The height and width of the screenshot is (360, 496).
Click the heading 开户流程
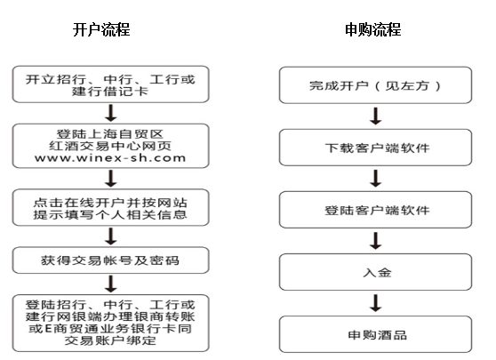pos(101,29)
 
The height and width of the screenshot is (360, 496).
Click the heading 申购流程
pos(373,29)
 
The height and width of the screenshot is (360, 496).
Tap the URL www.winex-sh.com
pos(110,158)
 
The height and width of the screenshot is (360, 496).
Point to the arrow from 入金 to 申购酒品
pos(376,303)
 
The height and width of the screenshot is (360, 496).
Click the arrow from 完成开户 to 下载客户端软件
pos(376,116)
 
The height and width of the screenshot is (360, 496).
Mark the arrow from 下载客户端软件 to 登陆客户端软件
pos(376,179)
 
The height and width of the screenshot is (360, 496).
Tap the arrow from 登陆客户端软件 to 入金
pos(376,241)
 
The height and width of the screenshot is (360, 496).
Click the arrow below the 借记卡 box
pos(111,113)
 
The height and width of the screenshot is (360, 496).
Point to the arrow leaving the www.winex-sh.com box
pos(111,179)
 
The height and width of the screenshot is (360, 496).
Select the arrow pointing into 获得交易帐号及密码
pos(111,236)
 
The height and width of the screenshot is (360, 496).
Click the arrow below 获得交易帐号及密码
pos(111,284)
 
